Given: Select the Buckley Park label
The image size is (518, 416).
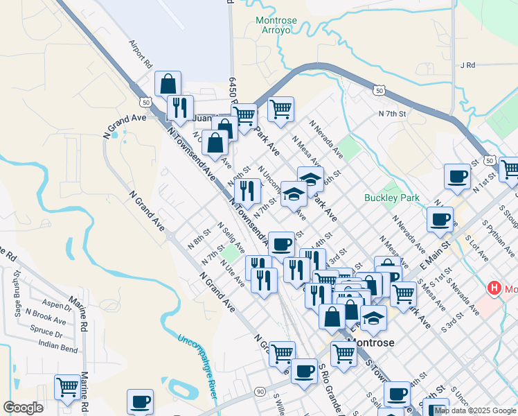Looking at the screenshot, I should (x=392, y=198).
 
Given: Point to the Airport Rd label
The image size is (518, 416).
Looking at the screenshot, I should (x=140, y=53).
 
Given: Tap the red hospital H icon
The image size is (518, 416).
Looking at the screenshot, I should (x=494, y=288).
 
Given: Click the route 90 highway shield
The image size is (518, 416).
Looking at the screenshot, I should (x=259, y=392).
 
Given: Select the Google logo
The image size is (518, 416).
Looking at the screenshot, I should (x=23, y=408).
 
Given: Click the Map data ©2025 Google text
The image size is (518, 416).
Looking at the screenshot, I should (x=474, y=410).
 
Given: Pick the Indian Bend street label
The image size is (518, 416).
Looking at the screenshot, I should (x=58, y=344).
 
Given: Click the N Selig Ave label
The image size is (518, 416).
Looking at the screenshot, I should (x=231, y=237).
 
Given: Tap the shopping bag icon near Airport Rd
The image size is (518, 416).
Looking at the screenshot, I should (x=168, y=85).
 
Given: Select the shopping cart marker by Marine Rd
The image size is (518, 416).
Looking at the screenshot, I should (x=67, y=387).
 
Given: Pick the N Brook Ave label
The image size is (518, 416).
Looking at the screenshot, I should (x=46, y=317).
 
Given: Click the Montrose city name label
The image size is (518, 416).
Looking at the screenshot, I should (x=370, y=343).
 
